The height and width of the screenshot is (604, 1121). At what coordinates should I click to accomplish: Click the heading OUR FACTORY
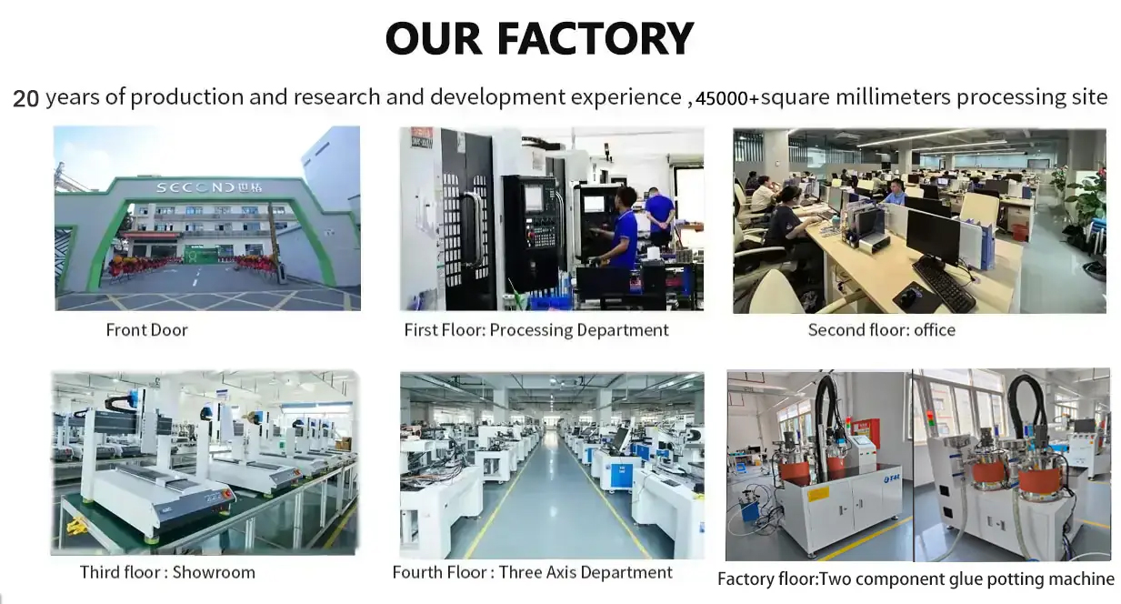[x=539, y=39]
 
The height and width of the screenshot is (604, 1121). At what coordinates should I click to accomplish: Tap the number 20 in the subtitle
[x=25, y=98]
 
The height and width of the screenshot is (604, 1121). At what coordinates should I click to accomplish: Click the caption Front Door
[x=146, y=330]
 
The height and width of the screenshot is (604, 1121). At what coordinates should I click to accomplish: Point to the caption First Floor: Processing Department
[x=536, y=330]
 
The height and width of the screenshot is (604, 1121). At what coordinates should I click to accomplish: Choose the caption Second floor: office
[x=881, y=330]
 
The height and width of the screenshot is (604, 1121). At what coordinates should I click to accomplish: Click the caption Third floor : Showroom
[x=167, y=572]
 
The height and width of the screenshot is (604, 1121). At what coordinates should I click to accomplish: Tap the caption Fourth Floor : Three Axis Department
[x=532, y=572]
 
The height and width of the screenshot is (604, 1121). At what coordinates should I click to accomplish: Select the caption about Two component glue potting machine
[x=916, y=579]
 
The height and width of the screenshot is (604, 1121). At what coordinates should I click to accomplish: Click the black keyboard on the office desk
[x=943, y=282]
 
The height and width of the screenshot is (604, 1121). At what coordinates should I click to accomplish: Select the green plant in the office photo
[x=1086, y=196]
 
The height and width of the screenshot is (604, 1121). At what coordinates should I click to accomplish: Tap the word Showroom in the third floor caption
[x=214, y=572]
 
